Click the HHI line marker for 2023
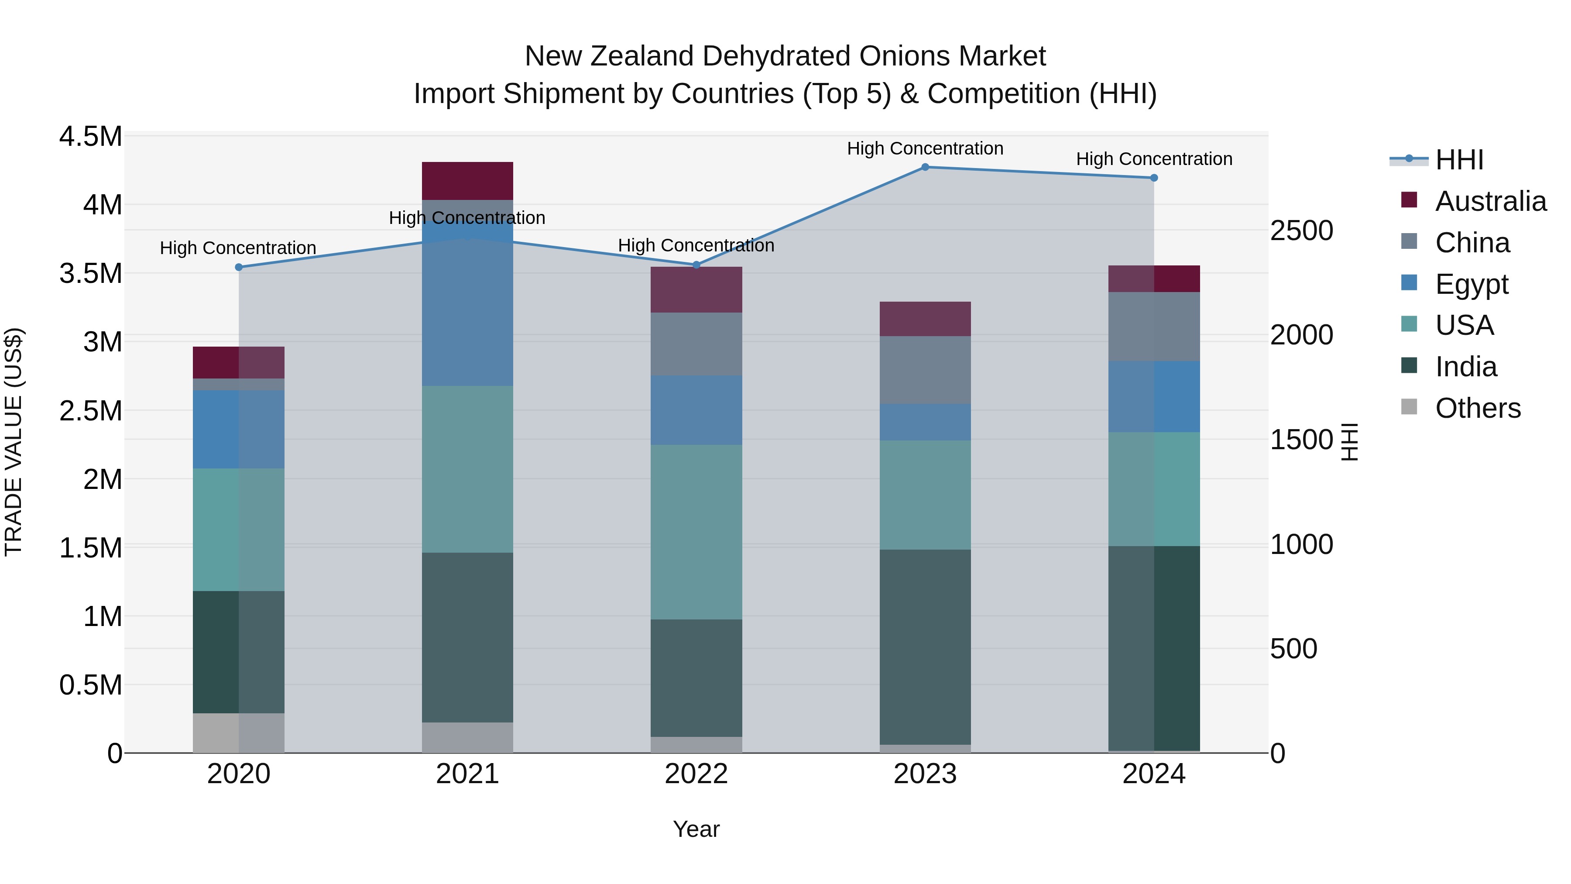pos(925,167)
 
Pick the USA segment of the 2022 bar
pos(696,532)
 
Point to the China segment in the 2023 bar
pos(925,370)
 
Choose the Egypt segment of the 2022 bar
pos(696,410)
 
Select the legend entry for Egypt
pos(1471,284)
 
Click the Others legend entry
pos(1477,408)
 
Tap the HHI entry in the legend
pos(1459,160)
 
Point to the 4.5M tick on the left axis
pos(91,137)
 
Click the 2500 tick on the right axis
pos(1301,230)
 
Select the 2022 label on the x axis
pos(696,774)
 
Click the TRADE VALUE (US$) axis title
pos(14,442)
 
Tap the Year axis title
pos(696,829)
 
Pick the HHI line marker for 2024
pos(1154,178)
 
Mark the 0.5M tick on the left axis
pos(91,685)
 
